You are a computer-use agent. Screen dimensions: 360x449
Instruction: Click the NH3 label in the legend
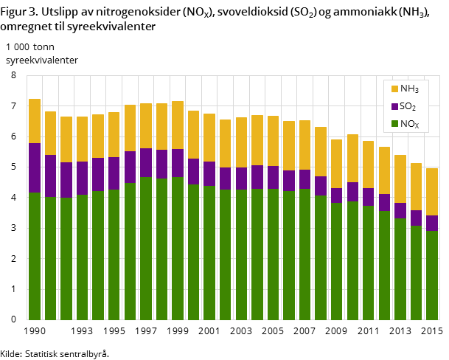click(409, 89)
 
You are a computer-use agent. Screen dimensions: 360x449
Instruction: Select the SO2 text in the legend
click(408, 107)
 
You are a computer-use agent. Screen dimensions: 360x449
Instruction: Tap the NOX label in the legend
click(409, 125)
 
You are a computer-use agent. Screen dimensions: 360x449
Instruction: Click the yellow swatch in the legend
click(394, 89)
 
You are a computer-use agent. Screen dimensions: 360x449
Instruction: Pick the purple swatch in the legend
click(394, 107)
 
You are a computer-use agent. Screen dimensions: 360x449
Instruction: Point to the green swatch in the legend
click(394, 125)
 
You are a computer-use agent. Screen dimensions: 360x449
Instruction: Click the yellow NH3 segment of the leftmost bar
click(35, 121)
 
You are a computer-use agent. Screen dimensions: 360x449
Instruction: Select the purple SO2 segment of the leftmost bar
click(35, 167)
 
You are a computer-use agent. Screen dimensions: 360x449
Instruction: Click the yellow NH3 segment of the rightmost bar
click(432, 192)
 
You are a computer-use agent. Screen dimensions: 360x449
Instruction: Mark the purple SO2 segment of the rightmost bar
click(432, 223)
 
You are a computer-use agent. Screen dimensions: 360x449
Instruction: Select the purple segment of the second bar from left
click(50, 176)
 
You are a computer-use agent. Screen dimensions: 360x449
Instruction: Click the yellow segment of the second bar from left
click(50, 133)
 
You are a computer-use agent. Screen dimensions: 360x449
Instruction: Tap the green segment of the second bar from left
click(50, 258)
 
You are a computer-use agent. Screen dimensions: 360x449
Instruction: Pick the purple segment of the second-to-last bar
click(416, 218)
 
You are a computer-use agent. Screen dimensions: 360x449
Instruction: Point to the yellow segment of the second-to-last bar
click(416, 187)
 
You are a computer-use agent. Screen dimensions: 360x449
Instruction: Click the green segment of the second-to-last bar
click(416, 272)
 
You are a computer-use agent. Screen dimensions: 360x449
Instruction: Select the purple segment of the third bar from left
click(66, 180)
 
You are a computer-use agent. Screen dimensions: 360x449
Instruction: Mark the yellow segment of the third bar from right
click(400, 179)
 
